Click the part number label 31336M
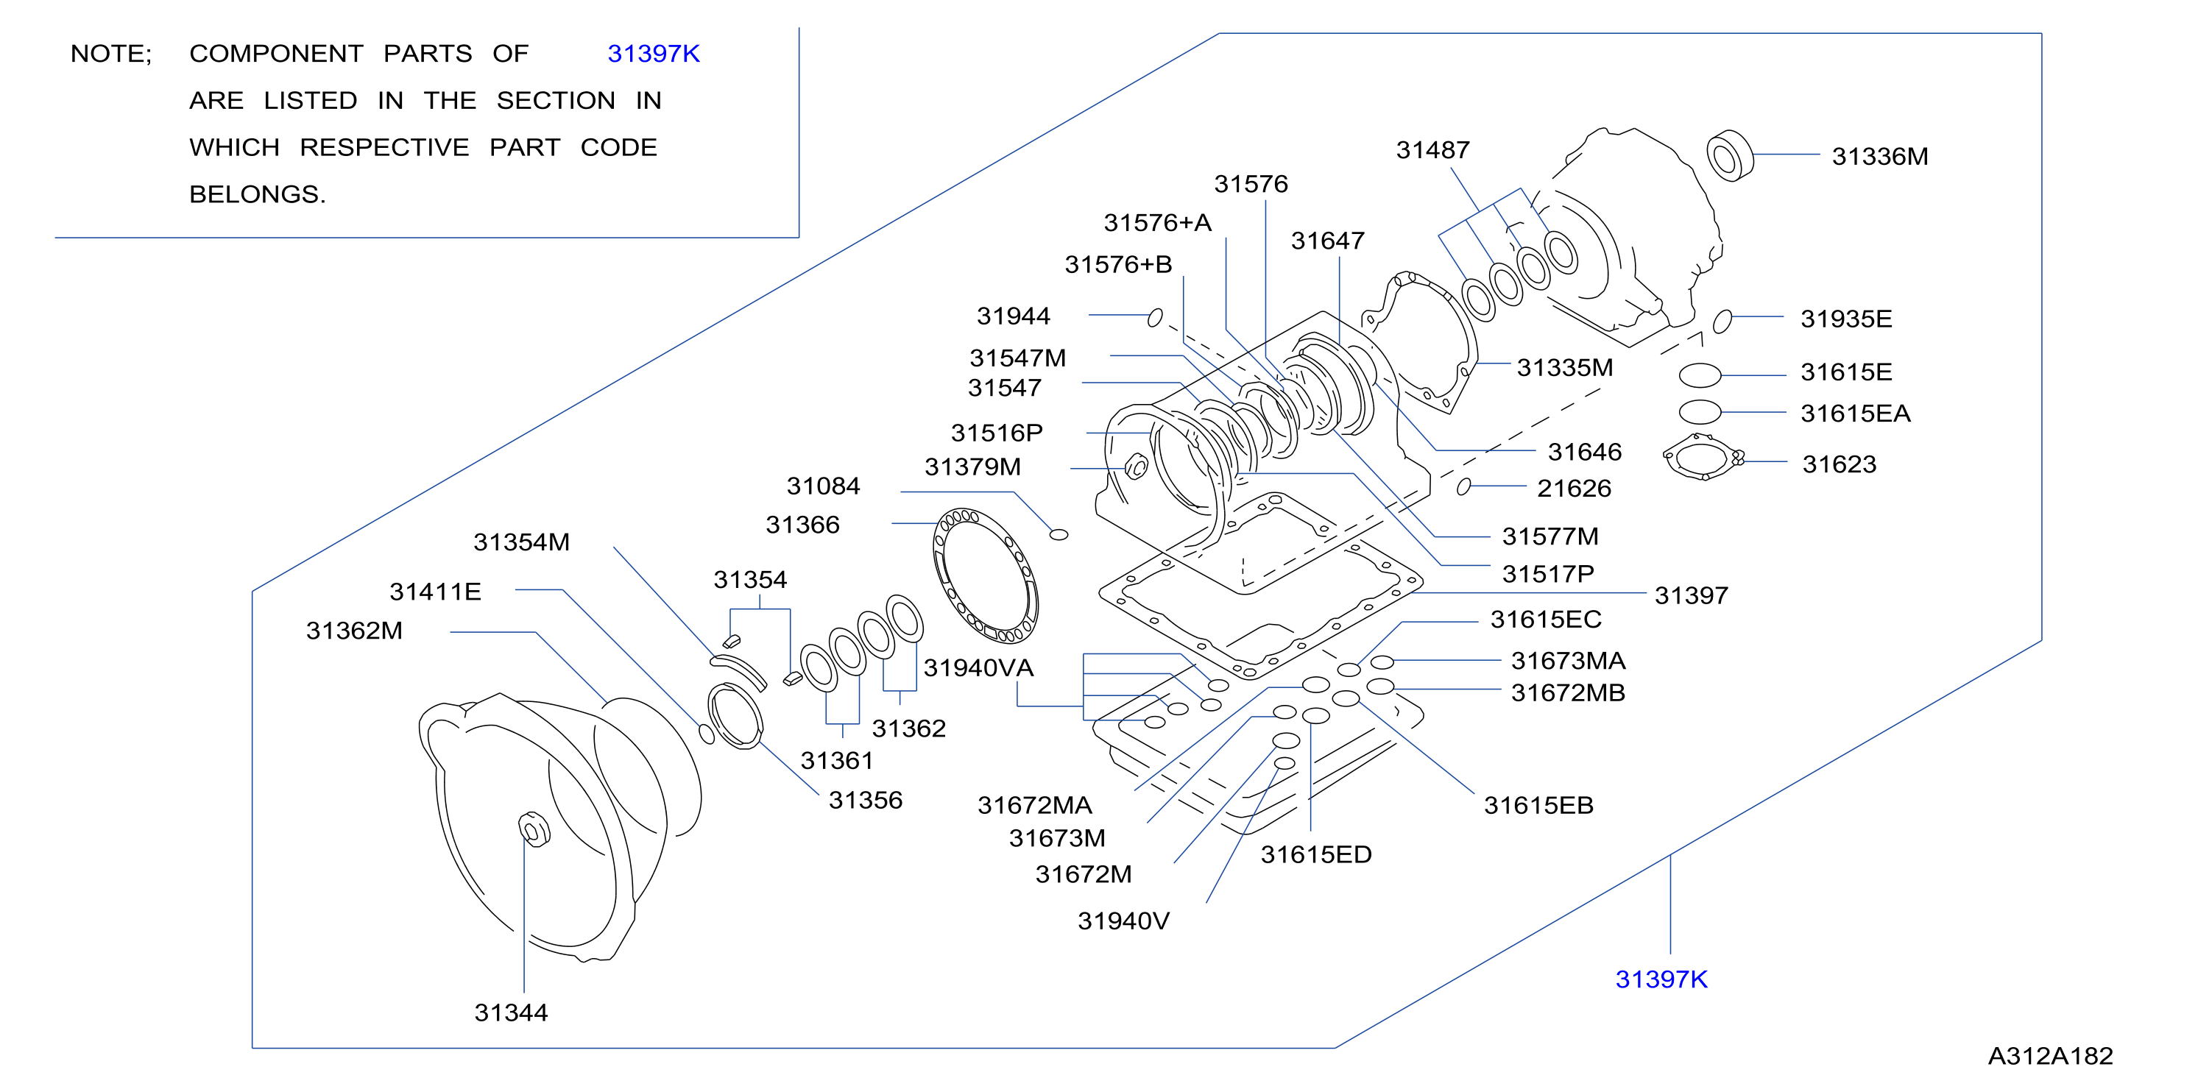point(1880,156)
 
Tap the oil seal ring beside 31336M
point(1730,156)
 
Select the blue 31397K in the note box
point(654,54)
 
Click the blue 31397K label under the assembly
point(1661,979)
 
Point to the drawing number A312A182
point(2050,1056)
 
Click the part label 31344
point(511,1013)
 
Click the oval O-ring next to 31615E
point(1700,375)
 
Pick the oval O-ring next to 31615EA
point(1700,411)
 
